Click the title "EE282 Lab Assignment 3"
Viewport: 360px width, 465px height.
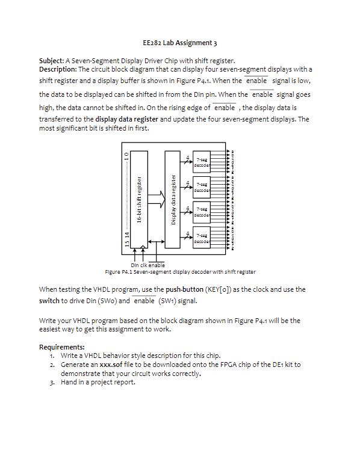pyautogui.click(x=180, y=43)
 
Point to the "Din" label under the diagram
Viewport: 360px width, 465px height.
pyautogui.click(x=134, y=265)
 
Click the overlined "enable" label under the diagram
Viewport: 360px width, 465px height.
pyautogui.click(x=156, y=265)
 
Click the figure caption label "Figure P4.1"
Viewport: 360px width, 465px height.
pyautogui.click(x=118, y=272)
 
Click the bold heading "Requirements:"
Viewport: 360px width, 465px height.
pyautogui.click(x=61, y=347)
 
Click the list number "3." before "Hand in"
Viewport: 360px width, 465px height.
pyautogui.click(x=53, y=381)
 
